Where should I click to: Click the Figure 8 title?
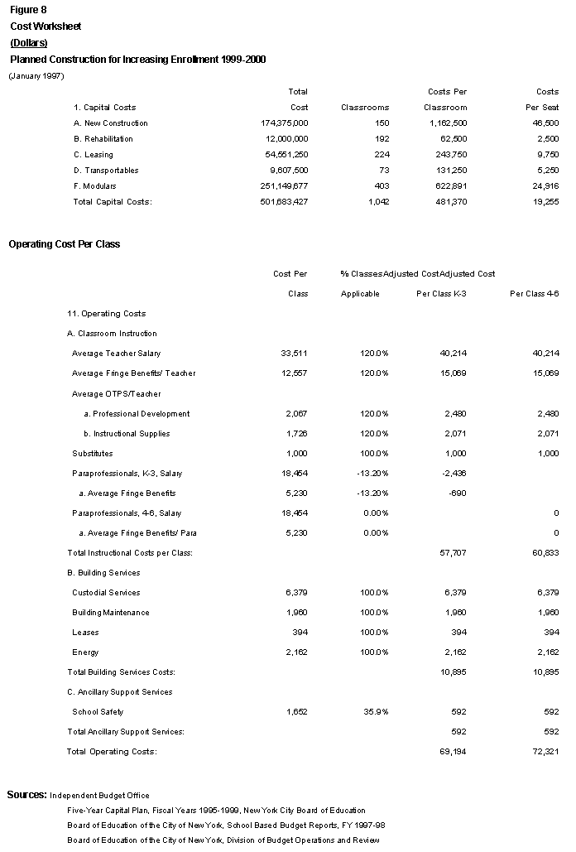[28, 10]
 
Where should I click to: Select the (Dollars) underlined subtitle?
[28, 42]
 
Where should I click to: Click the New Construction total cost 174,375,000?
[284, 123]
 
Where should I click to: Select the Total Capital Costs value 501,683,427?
[284, 201]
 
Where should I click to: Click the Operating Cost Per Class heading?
[64, 244]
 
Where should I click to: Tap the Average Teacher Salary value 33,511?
[295, 354]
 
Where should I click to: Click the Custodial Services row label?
[106, 592]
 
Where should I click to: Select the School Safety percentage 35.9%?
[374, 711]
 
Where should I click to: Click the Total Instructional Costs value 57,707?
[453, 552]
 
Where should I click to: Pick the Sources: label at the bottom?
[26, 794]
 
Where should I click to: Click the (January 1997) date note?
[36, 76]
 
